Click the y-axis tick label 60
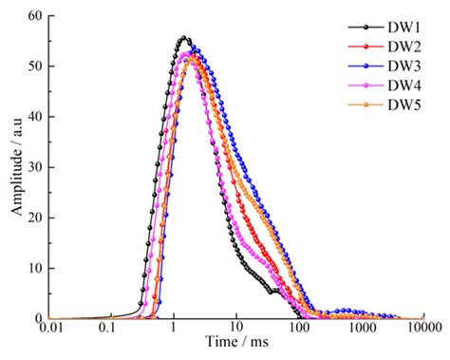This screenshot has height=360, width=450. coord(35,16)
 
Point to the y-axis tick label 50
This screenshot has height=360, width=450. coord(35,66)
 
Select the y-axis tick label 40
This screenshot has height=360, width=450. coord(35,117)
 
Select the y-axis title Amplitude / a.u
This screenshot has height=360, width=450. coord(13,167)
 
